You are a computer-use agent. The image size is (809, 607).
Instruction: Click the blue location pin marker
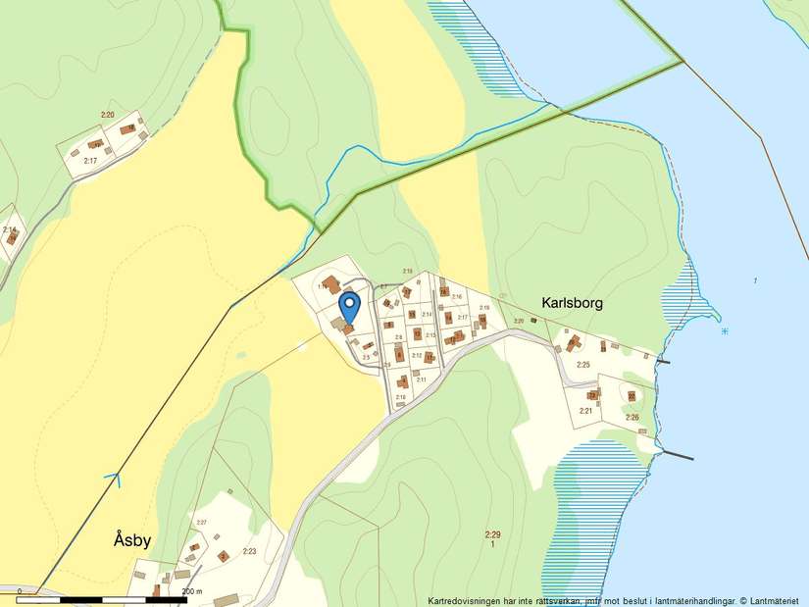[348, 305]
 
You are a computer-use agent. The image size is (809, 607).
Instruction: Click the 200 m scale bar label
[192, 591]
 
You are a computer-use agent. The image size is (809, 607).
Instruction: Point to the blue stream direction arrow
[114, 481]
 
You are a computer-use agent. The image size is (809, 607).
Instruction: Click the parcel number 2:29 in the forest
[491, 534]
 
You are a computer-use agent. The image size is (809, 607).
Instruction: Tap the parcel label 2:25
[583, 365]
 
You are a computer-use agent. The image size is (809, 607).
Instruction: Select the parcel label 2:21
[585, 410]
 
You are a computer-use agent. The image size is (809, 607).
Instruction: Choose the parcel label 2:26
[632, 418]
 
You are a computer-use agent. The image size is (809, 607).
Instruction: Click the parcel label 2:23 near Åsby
[249, 551]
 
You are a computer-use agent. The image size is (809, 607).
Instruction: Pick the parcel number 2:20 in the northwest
[107, 115]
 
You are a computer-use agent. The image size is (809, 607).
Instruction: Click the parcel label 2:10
[400, 397]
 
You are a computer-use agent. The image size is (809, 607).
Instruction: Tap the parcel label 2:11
[422, 379]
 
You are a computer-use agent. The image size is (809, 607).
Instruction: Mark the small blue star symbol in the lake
[724, 330]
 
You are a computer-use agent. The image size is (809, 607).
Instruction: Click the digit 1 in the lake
[755, 281]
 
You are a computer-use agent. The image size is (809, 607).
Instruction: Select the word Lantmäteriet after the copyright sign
[774, 600]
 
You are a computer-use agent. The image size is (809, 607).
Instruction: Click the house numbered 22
[592, 395]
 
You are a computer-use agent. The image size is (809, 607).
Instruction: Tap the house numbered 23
[632, 396]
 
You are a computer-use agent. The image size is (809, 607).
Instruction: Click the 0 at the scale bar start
[20, 591]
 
